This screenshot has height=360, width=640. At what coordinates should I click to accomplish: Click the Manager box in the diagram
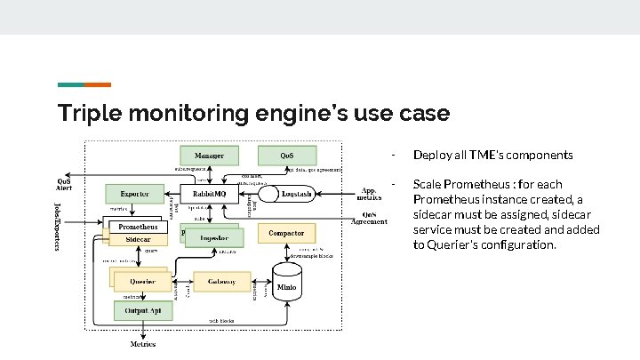click(x=210, y=155)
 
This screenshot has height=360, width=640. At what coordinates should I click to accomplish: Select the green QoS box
click(x=287, y=155)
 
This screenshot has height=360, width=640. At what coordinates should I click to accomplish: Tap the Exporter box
click(x=134, y=193)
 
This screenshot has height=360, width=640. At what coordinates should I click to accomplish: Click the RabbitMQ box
click(x=210, y=193)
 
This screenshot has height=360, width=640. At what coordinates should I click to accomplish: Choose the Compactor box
click(x=286, y=233)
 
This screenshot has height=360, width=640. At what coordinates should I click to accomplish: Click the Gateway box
click(x=221, y=281)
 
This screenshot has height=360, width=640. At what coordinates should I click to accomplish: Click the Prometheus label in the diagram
click(x=138, y=228)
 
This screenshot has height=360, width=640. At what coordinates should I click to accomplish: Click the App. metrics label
click(x=372, y=193)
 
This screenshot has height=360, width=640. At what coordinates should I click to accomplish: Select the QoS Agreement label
click(x=370, y=218)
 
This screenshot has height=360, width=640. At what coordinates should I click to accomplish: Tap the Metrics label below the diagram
click(x=143, y=343)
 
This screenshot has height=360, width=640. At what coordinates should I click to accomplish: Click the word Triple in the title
click(x=87, y=114)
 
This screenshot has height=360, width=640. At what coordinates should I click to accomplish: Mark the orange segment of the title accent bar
click(x=98, y=84)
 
